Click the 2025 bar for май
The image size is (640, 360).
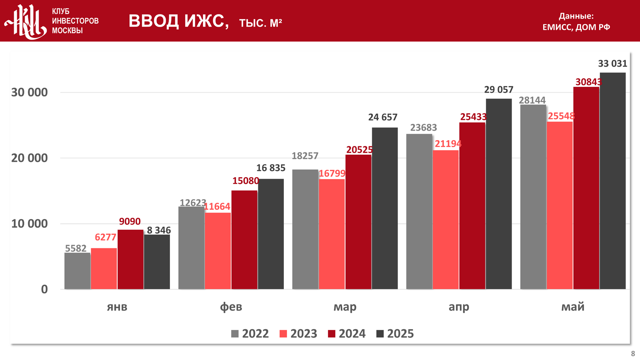pos(613,181)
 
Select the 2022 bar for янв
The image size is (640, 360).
pos(77,271)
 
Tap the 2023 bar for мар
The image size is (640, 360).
pos(332,234)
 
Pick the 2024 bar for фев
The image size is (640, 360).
pos(244,240)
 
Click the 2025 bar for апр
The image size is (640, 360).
pos(499,194)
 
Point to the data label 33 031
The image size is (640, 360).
pos(612,64)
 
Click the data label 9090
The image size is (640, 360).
pos(130,221)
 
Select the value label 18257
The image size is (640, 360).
pos(305,156)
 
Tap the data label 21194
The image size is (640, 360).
pos(448,144)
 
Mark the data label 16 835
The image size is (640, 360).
pos(270,168)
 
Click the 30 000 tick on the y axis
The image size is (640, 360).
pos(29,93)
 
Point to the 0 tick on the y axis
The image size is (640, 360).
pos(44,289)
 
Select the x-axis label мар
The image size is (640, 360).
pos(345,307)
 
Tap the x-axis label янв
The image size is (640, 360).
pos(117,307)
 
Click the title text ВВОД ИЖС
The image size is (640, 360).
pos(178,21)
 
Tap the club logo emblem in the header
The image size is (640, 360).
pos(26,21)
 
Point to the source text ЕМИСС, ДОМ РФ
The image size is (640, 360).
pos(576,27)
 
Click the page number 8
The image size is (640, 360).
pos(633,354)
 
